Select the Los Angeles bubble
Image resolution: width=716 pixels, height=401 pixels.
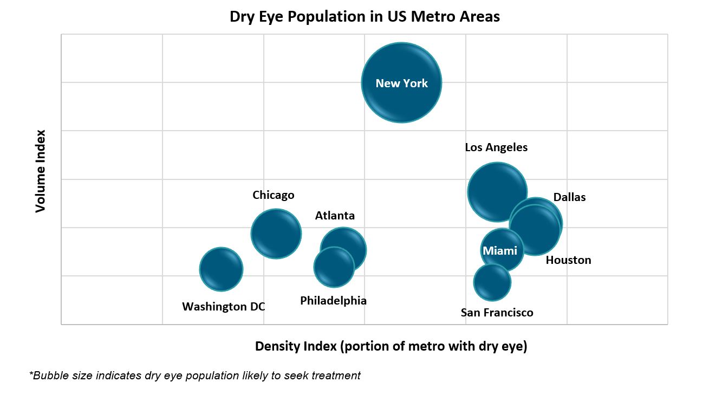coord(497,192)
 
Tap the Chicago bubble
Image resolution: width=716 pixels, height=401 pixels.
coord(276,234)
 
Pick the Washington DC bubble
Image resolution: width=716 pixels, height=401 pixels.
coord(221,269)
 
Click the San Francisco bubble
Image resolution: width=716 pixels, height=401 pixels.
coord(492,282)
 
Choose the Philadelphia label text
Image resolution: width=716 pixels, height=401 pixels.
coord(333,301)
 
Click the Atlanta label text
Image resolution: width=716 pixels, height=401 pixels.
coord(335,216)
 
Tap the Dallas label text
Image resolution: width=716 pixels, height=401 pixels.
coord(569,197)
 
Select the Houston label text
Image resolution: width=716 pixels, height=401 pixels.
coord(568,260)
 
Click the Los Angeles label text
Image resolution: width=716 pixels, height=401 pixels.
coord(496,147)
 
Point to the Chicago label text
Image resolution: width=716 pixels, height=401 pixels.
coord(274,195)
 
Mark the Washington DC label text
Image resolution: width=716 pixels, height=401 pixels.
coord(224,307)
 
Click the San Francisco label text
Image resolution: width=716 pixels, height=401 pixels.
coord(497,313)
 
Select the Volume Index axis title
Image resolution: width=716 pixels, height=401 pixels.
coord(41,171)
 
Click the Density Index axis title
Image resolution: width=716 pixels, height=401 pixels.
coord(391,346)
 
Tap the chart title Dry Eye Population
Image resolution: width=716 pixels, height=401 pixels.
coord(364,16)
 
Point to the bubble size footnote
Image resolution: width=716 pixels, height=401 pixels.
coord(195,376)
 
